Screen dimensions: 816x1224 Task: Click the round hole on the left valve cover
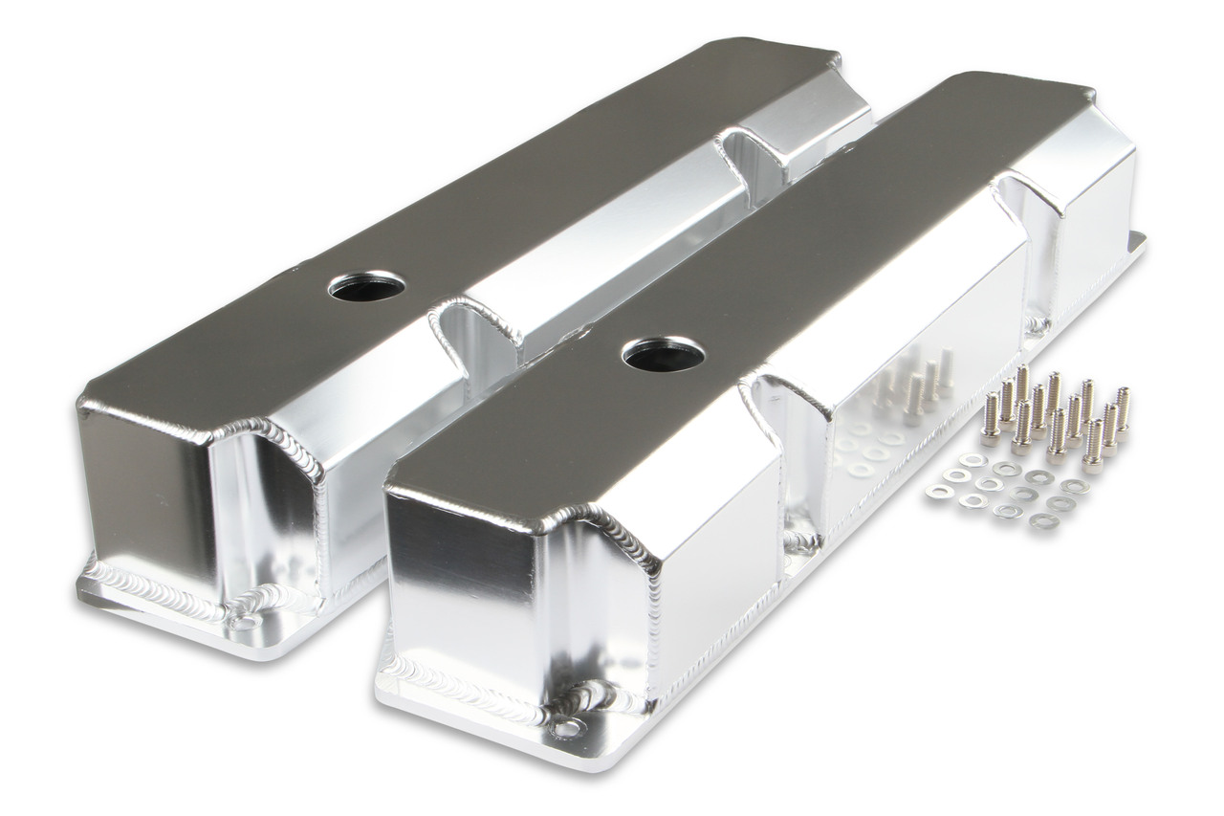(x=366, y=284)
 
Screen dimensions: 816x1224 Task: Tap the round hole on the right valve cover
(x=663, y=354)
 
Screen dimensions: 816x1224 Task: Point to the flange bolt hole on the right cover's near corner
(x=567, y=728)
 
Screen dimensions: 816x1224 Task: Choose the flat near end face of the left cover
(x=143, y=488)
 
